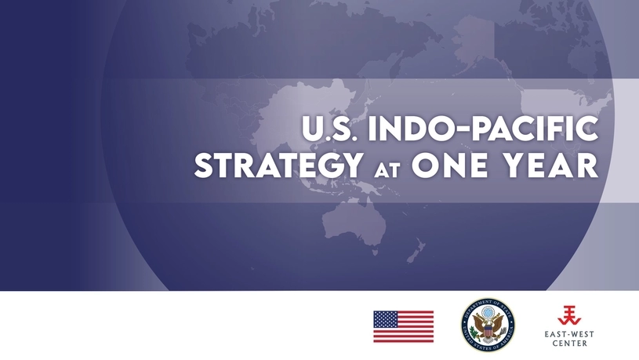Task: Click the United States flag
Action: (x=403, y=326)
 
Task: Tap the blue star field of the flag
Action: (x=385, y=319)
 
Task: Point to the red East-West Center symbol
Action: (x=571, y=315)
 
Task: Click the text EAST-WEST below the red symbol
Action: (x=571, y=334)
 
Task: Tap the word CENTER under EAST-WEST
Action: (x=571, y=344)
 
